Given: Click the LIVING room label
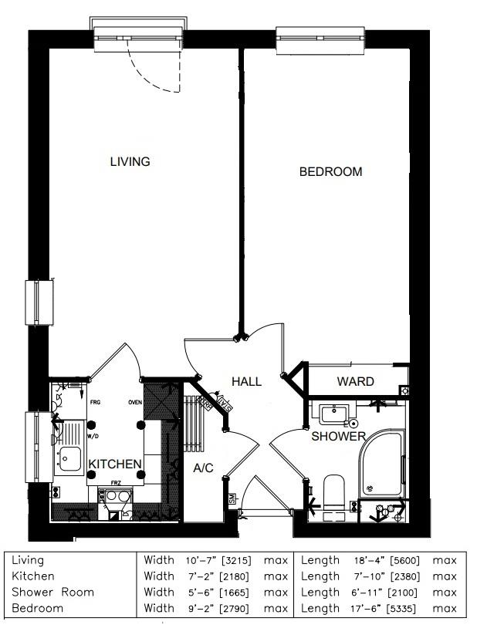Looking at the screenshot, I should click(x=130, y=162).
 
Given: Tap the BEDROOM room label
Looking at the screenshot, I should click(x=330, y=172).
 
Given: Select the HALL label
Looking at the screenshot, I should click(x=247, y=381).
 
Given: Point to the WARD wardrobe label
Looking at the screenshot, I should click(x=355, y=381).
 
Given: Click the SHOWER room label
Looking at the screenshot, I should click(x=338, y=437).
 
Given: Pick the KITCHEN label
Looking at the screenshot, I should click(x=115, y=464).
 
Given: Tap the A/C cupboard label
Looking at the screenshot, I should click(x=203, y=468).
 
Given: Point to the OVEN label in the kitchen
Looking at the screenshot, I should click(x=135, y=402).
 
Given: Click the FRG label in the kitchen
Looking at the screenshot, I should click(x=95, y=402).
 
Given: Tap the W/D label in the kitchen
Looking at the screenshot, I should click(x=93, y=436).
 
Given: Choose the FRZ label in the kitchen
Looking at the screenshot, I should click(x=116, y=482).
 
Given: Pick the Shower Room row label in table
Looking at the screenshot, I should click(x=52, y=593).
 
